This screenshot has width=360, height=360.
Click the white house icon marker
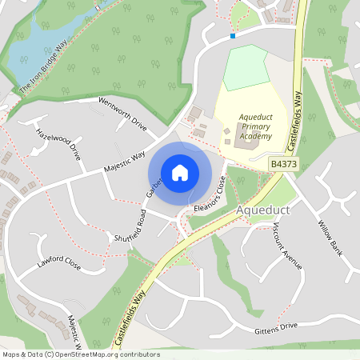point(180,172)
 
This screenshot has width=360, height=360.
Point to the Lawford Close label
point(58,262)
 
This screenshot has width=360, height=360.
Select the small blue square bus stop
point(233,35)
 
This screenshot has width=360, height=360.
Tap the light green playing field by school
point(245,68)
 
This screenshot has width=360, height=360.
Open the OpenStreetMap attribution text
point(80,354)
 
